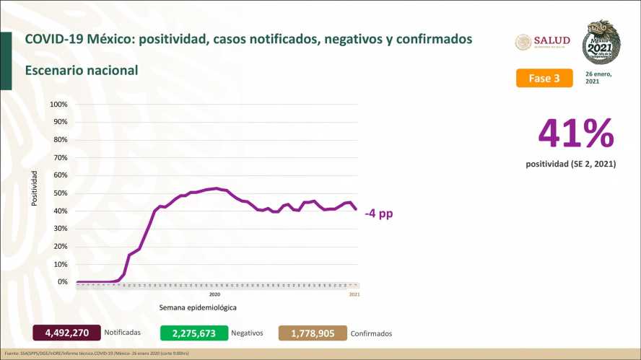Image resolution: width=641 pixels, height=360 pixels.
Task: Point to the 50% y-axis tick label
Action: pyautogui.click(x=60, y=193)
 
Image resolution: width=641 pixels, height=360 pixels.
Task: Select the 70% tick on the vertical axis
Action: pyautogui.click(x=60, y=158)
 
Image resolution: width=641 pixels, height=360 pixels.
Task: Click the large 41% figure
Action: pyautogui.click(x=576, y=134)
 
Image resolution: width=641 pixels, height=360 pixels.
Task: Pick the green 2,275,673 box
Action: pyautogui.click(x=193, y=333)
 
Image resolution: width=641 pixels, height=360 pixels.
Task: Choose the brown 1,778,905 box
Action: pyautogui.click(x=313, y=333)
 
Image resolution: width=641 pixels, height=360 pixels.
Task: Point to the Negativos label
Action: pyautogui.click(x=247, y=333)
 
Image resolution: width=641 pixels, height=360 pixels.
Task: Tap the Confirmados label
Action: pyautogui.click(x=371, y=334)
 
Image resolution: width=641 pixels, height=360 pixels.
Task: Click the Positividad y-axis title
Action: pyautogui.click(x=35, y=188)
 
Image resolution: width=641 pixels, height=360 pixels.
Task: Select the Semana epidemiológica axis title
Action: pyautogui.click(x=198, y=307)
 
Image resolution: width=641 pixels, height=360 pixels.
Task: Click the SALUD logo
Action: pyautogui.click(x=543, y=41)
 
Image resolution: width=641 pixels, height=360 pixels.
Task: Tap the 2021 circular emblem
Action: pyautogui.click(x=601, y=43)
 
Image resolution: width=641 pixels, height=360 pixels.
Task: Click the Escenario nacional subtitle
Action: pyautogui.click(x=81, y=71)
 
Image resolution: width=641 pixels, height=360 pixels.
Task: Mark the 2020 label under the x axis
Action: pyautogui.click(x=214, y=294)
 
